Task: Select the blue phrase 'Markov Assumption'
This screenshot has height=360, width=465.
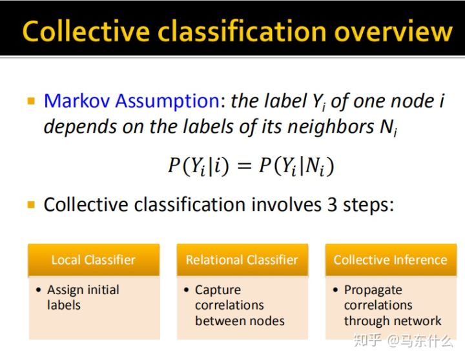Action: pos(132,101)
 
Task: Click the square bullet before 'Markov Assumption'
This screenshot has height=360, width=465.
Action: pos(30,102)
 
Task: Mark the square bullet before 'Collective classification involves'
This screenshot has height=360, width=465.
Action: pos(30,206)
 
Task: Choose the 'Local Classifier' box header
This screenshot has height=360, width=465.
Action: pos(94,260)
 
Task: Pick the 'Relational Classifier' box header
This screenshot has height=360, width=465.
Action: pos(242,260)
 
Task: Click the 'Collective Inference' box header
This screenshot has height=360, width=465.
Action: pos(390,260)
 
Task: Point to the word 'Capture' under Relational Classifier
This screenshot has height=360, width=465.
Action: pos(218,290)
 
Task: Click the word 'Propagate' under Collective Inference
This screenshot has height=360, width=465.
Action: pos(373,290)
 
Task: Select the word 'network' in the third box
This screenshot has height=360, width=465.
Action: pos(418,321)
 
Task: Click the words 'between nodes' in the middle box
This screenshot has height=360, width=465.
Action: pos(240,321)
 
